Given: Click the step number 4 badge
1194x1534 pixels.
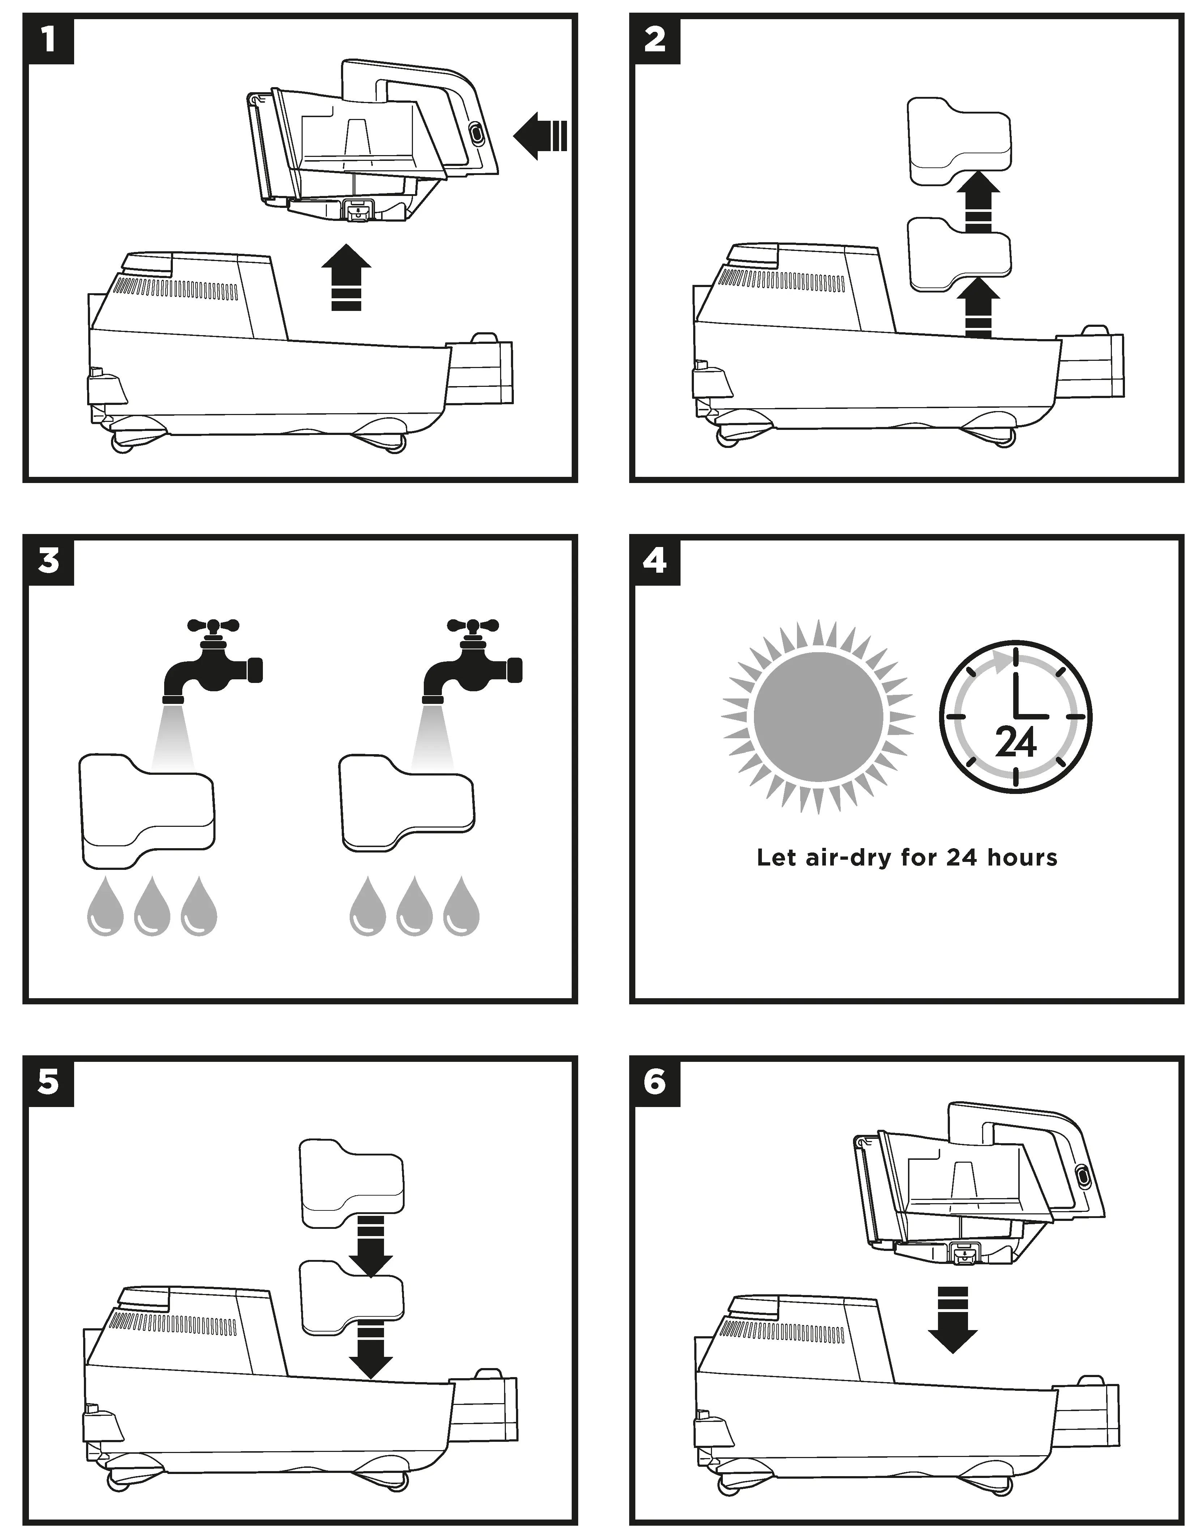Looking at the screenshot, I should pyautogui.click(x=654, y=561).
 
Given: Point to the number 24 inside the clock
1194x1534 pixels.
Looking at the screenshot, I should pyautogui.click(x=1016, y=742).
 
